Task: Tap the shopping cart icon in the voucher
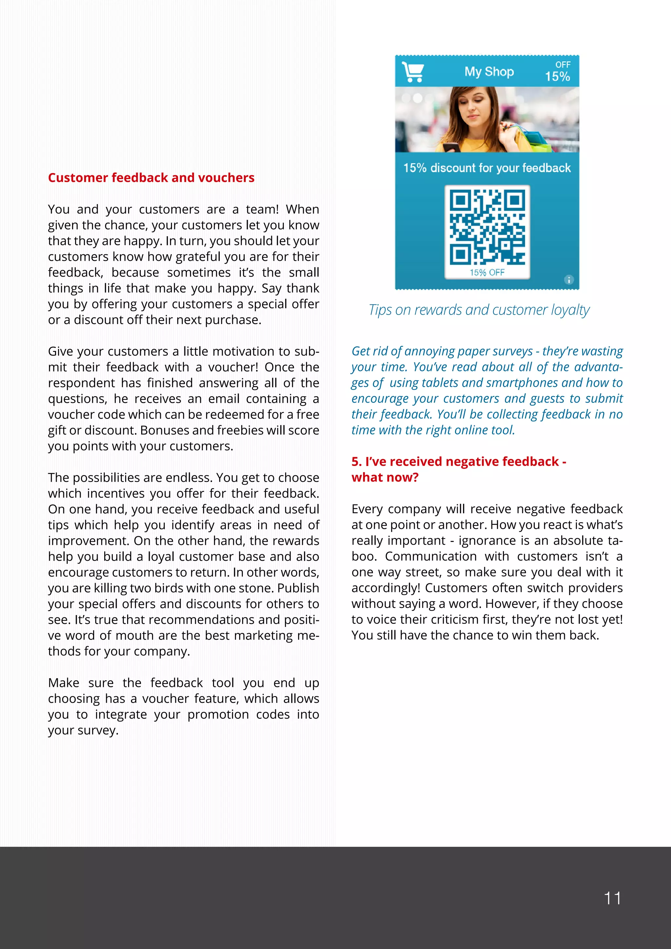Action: coord(413,72)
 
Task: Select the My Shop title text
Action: coord(489,71)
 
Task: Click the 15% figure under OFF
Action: coord(557,76)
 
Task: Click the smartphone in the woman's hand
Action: coord(451,147)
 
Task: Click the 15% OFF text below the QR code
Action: coord(487,273)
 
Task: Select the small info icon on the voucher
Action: coord(568,280)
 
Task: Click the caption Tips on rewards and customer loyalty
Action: coord(479,310)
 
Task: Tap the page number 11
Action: coord(612,899)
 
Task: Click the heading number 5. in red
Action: coord(356,462)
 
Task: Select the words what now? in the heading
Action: coord(385,477)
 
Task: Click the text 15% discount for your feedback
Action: coord(487,168)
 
